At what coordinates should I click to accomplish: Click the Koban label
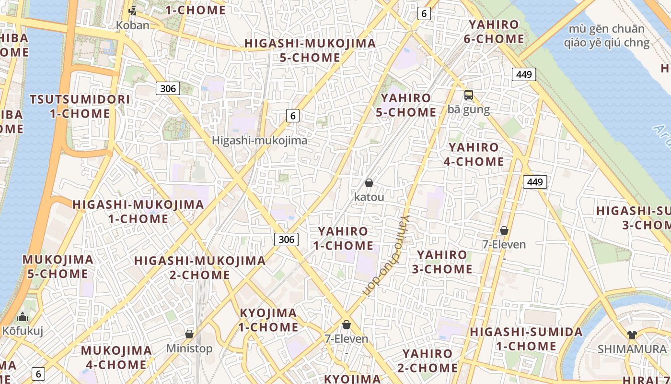click(133, 25)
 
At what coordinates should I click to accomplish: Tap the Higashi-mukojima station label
click(259, 141)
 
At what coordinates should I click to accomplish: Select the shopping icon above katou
click(369, 183)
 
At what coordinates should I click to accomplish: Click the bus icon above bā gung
click(469, 95)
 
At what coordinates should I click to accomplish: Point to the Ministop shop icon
click(189, 334)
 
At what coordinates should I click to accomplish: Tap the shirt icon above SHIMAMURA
click(632, 335)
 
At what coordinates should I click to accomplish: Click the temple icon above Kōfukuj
click(23, 317)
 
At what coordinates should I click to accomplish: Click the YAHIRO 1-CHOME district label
click(343, 238)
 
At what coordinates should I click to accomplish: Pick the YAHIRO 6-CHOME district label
click(494, 32)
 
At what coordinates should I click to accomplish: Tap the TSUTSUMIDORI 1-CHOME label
click(80, 107)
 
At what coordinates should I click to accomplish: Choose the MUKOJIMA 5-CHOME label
click(58, 267)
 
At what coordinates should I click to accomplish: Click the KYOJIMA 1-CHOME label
click(268, 320)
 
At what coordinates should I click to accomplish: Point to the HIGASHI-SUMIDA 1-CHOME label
click(526, 339)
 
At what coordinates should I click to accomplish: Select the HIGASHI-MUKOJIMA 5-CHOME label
click(310, 50)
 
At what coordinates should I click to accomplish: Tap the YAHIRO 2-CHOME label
click(428, 361)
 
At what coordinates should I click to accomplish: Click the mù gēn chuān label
click(606, 36)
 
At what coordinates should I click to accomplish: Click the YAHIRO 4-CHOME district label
click(474, 155)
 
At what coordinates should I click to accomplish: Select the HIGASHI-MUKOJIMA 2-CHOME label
click(200, 268)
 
